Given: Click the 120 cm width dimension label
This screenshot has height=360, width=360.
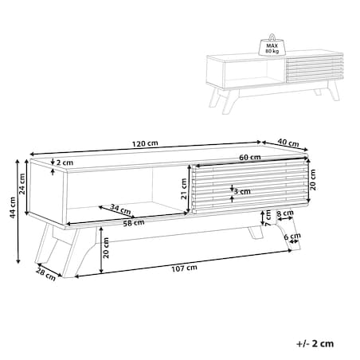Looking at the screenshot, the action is [x=145, y=143].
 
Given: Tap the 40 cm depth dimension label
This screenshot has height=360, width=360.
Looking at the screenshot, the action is [x=288, y=143].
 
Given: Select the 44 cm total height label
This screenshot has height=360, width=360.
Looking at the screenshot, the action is [x=13, y=208].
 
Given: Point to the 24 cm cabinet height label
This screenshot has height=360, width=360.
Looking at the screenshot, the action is [x=22, y=184].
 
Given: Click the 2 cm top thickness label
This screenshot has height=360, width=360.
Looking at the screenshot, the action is [x=65, y=162].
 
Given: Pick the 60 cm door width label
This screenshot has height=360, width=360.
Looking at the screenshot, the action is [x=250, y=157].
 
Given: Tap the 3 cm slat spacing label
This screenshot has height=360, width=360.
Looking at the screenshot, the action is [x=242, y=191].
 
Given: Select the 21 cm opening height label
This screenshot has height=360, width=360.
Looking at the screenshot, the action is [x=184, y=189].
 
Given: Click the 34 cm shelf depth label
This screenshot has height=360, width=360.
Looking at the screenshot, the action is [x=121, y=209].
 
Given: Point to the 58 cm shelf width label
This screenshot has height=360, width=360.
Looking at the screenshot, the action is [x=134, y=223].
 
